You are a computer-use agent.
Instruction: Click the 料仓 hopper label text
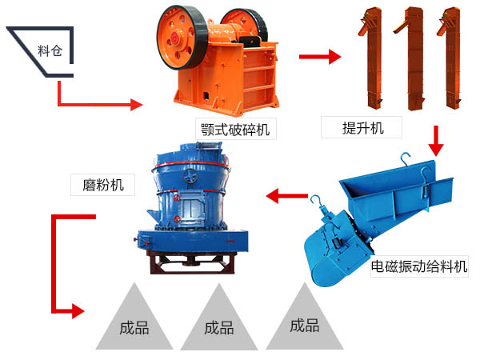(x=50, y=50)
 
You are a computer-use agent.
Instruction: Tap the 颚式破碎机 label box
(x=236, y=129)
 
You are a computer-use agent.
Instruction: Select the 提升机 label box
(x=362, y=127)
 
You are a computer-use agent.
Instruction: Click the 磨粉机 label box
(x=102, y=185)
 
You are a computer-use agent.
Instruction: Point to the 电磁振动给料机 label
(x=419, y=266)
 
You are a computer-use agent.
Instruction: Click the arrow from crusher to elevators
(x=320, y=57)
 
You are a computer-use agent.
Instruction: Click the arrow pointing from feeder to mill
(x=287, y=196)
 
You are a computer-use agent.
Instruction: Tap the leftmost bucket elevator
(x=371, y=58)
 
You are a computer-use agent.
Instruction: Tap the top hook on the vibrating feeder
(x=406, y=159)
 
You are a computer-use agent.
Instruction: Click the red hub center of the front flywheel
(x=174, y=38)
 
